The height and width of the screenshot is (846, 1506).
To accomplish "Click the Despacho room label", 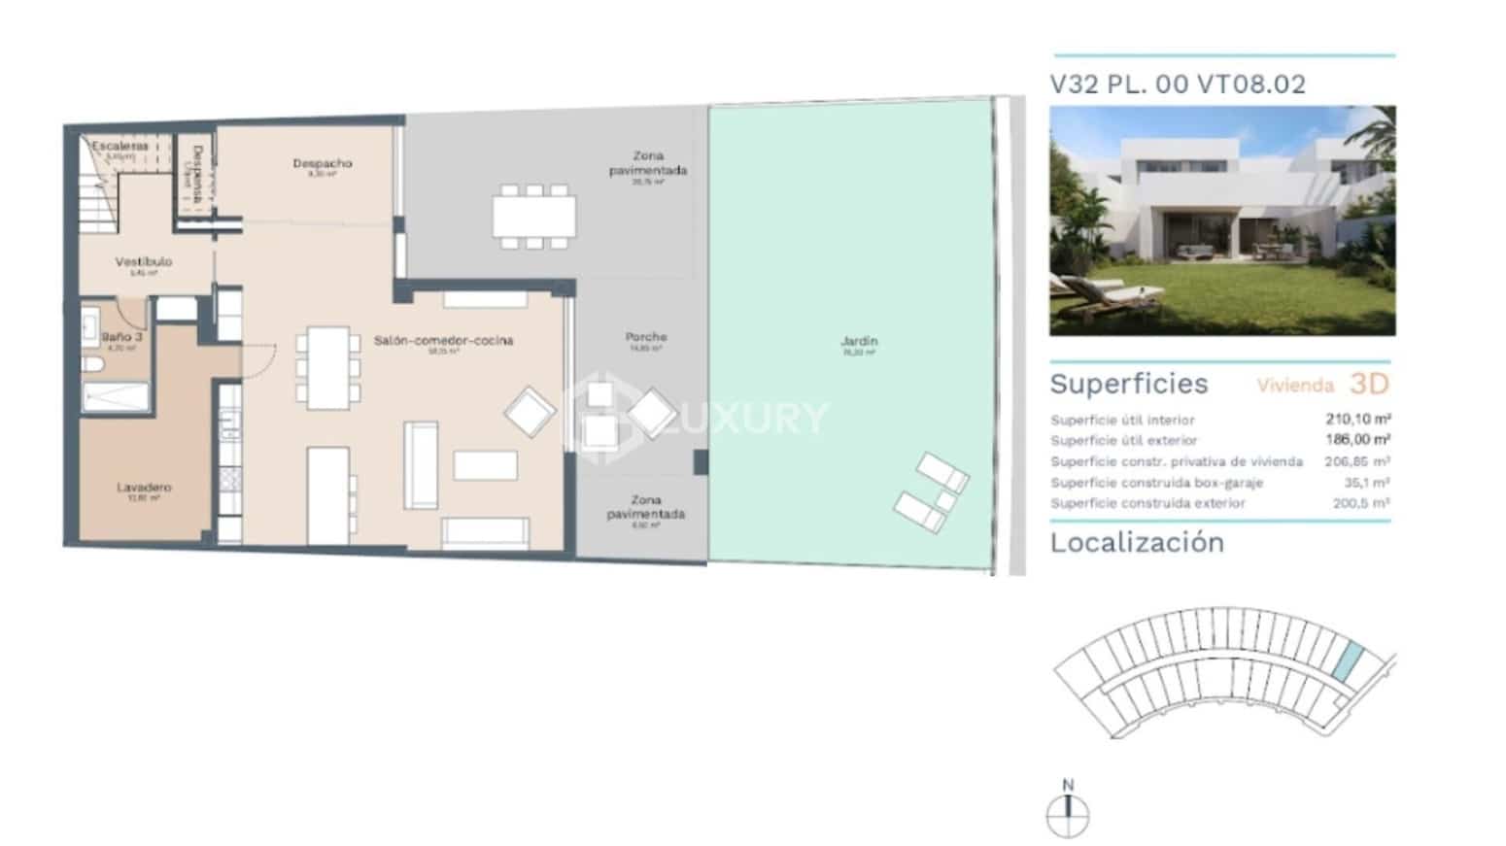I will coord(322,163).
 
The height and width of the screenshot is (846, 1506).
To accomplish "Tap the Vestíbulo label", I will coord(143,261).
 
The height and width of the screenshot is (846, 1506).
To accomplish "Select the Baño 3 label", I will coord(121,337).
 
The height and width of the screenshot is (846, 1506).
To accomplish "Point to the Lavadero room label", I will coord(144,488).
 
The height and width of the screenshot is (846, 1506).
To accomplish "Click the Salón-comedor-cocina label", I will coord(443,341).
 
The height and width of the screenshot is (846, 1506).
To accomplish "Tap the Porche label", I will coord(646,337).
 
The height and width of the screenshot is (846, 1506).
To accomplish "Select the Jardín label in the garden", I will coord(859,341).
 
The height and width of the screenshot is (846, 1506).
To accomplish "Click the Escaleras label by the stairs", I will coord(120,146).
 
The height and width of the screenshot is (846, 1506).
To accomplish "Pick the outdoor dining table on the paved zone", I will coord(533,217).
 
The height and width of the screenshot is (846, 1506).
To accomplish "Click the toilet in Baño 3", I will coord(92,365).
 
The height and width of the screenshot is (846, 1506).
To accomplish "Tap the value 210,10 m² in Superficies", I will coord(1357,420).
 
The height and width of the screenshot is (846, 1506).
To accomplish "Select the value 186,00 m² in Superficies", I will coord(1357,440).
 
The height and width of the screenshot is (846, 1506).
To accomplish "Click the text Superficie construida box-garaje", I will coord(1156,483).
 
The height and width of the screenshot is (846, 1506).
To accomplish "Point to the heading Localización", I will coord(1137,542).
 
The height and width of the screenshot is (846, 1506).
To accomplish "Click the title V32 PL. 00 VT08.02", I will coord(1178,85).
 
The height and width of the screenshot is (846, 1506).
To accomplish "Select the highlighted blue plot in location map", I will coord(1347,662).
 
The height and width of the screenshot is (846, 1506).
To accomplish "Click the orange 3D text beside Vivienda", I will coord(1369,384).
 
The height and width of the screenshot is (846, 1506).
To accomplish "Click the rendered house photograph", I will coord(1222,220).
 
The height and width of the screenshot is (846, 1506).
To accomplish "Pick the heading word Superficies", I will coord(1129,384).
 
